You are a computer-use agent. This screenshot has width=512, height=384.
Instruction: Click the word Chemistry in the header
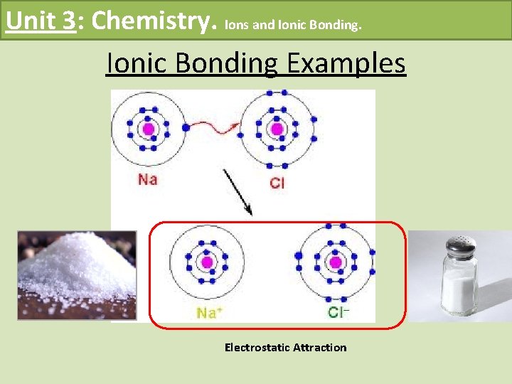154,20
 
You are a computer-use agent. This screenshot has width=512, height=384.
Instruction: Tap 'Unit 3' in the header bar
40,20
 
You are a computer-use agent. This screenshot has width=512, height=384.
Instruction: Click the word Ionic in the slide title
137,63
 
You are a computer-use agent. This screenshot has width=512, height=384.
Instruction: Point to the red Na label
147,179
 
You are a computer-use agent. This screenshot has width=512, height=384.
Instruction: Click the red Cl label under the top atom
277,183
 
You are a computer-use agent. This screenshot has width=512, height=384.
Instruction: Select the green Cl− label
339,311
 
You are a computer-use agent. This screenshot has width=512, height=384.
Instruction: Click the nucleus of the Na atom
148,129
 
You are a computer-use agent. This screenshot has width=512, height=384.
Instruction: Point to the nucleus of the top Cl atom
276,129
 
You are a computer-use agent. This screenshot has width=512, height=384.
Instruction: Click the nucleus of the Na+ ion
207,262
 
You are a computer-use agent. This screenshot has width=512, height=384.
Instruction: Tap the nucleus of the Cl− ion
336,262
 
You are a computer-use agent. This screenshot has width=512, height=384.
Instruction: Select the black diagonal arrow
238,191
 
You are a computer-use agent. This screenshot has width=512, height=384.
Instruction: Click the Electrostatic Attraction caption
285,347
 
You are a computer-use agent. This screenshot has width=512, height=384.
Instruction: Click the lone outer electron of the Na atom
186,128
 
